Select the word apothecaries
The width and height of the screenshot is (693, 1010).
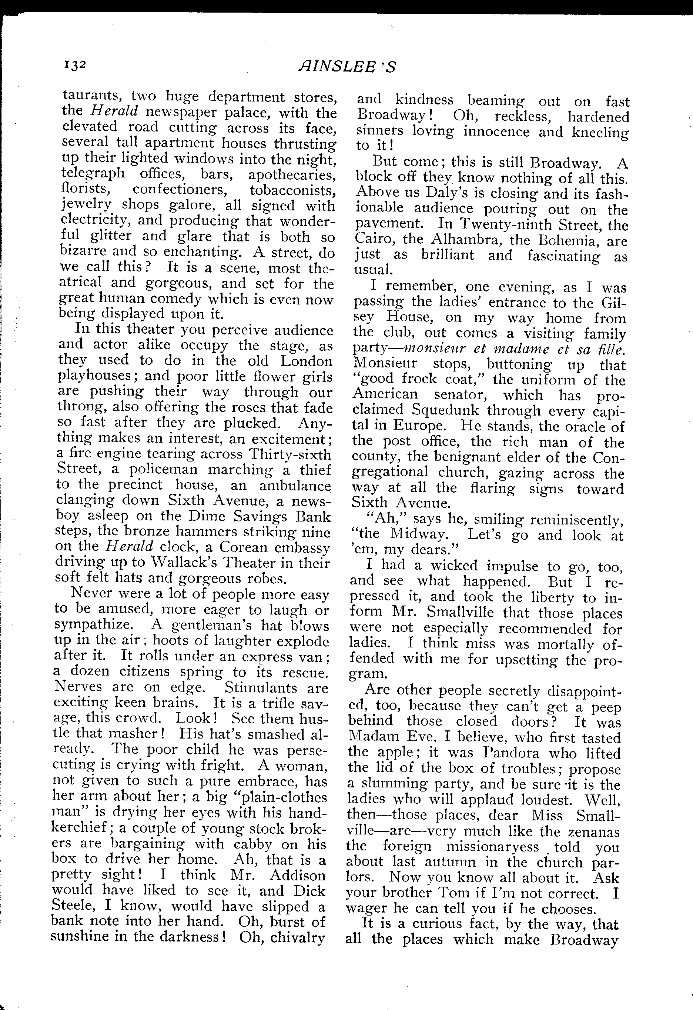(292, 175)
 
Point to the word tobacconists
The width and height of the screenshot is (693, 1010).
(292, 190)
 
